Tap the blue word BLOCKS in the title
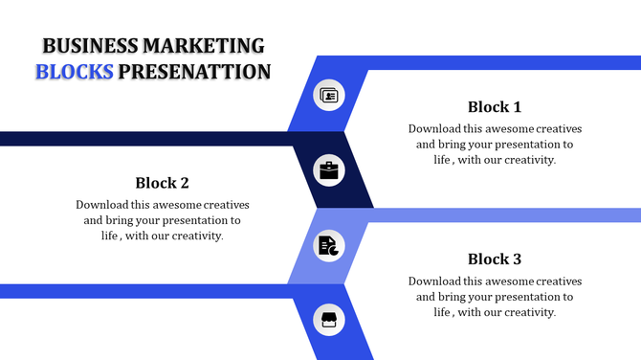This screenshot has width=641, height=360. (x=75, y=72)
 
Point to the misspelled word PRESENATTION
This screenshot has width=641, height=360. (x=194, y=72)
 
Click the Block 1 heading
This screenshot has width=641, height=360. (x=495, y=106)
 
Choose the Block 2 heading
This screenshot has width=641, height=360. (x=162, y=183)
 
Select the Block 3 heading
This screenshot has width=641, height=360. (x=495, y=259)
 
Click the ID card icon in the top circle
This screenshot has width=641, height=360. (x=329, y=95)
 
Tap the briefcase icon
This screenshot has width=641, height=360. (x=329, y=171)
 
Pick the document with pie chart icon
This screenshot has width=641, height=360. (x=329, y=246)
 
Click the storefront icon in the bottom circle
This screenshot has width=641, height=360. (x=329, y=321)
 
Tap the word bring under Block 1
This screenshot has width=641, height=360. (x=453, y=144)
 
